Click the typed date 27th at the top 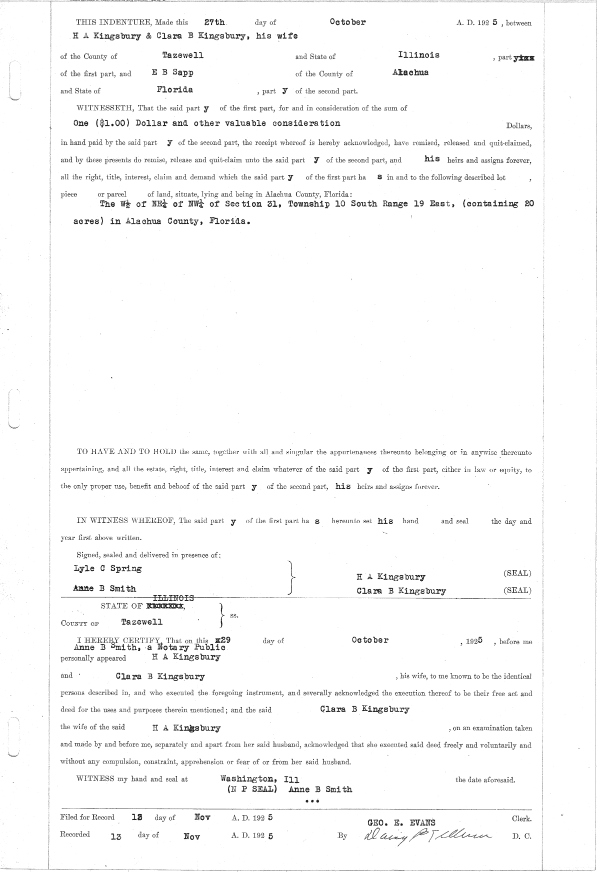pos(214,22)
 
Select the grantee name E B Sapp pos(172,72)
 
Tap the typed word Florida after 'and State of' pos(174,90)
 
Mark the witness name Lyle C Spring pos(107,569)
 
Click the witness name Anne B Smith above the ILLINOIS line pos(104,589)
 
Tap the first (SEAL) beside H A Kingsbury pos(517,573)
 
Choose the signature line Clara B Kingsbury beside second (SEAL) pos(401,591)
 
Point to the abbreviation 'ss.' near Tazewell pos(233,615)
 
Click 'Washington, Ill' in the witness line pos(259,779)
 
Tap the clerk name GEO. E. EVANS pos(401,823)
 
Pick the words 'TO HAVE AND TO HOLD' pos(126,452)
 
